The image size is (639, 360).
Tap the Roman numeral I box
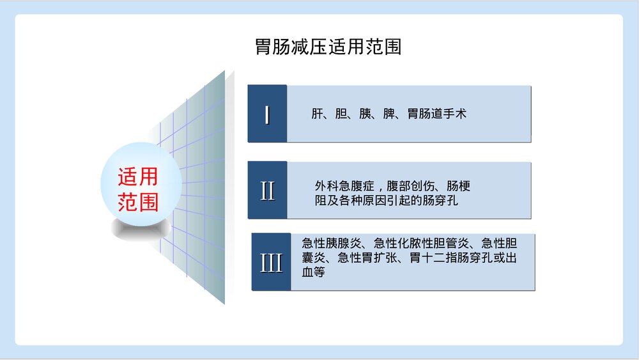click(267, 114)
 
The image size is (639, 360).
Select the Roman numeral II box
click(267, 191)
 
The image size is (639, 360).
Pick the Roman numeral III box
click(271, 263)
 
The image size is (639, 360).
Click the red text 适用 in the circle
click(137, 176)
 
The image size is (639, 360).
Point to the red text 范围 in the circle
click(137, 202)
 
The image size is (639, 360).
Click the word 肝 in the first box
click(317, 114)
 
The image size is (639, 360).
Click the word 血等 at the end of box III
click(314, 273)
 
